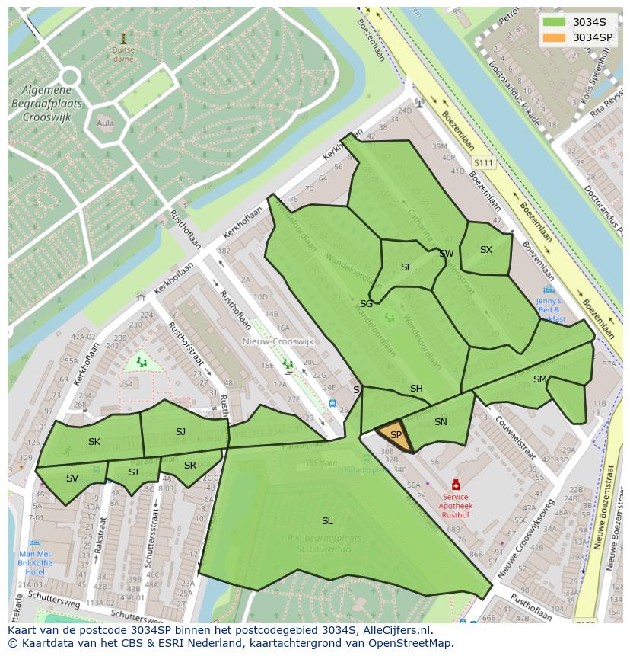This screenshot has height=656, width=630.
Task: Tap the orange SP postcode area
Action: (x=396, y=435)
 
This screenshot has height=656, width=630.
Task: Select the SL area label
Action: (x=327, y=521)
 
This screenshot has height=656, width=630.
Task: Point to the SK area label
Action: (x=94, y=442)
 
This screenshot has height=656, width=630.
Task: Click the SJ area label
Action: (x=180, y=432)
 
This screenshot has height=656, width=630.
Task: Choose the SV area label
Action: (x=72, y=478)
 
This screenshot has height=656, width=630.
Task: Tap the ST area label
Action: (x=134, y=472)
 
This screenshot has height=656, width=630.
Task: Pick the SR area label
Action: (x=190, y=466)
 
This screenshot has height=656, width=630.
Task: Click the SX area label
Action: (x=486, y=250)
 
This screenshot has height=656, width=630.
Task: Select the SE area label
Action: (x=406, y=267)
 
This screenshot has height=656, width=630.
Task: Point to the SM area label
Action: (x=540, y=379)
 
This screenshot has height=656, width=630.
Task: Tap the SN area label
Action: (x=441, y=422)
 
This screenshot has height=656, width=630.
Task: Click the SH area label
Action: (x=416, y=389)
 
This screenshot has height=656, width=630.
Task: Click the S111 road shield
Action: (x=483, y=163)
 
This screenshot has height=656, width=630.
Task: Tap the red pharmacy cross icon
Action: (x=456, y=485)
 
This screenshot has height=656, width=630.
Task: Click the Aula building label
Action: (x=105, y=123)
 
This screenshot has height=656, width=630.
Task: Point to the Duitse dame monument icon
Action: (x=123, y=37)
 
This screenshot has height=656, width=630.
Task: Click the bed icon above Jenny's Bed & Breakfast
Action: (x=549, y=290)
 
